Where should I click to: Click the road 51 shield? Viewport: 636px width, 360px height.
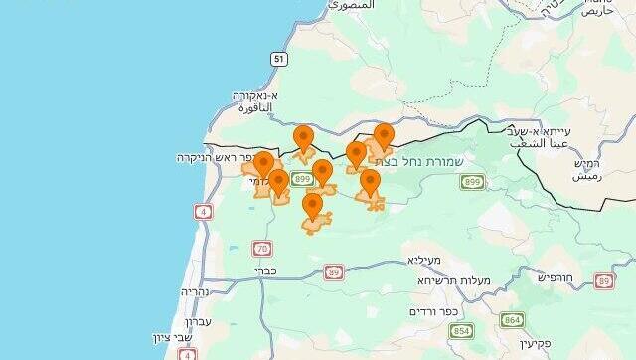(x=279, y=60)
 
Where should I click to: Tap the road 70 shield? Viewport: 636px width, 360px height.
(x=262, y=248)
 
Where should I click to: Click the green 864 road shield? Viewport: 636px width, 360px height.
(x=512, y=320)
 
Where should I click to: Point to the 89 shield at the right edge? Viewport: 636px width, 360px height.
(x=604, y=281)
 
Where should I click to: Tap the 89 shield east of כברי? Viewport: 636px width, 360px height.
(x=333, y=270)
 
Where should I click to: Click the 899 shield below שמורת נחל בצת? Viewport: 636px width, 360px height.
(x=473, y=182)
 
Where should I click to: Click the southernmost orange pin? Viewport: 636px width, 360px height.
(x=313, y=207)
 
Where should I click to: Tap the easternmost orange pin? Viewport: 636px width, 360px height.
(x=384, y=137)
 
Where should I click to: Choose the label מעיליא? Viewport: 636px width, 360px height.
(x=423, y=260)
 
